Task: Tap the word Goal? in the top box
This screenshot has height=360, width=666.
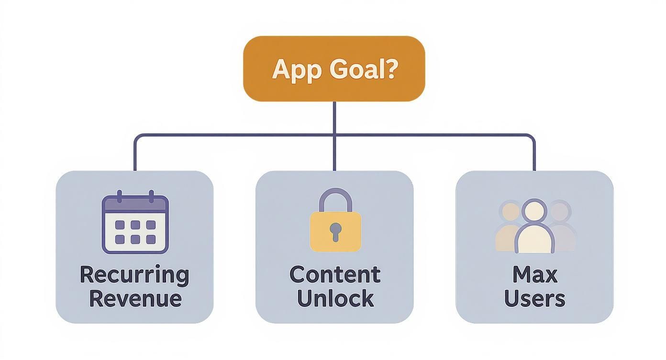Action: point(363,69)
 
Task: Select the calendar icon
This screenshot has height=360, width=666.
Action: point(135,224)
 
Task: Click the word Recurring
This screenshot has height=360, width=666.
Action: point(134,275)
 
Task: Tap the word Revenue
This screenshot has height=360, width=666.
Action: point(135,298)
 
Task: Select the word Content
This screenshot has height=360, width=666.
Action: point(335,275)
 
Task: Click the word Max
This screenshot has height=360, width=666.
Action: point(535,275)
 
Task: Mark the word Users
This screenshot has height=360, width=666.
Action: point(534,298)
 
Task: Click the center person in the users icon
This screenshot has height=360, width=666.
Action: point(534,228)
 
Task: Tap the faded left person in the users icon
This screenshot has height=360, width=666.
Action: point(510,227)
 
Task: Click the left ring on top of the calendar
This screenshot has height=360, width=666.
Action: point(120,196)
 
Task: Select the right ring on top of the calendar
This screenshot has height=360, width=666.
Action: point(151,196)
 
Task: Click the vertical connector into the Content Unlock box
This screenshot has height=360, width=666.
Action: point(334,153)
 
